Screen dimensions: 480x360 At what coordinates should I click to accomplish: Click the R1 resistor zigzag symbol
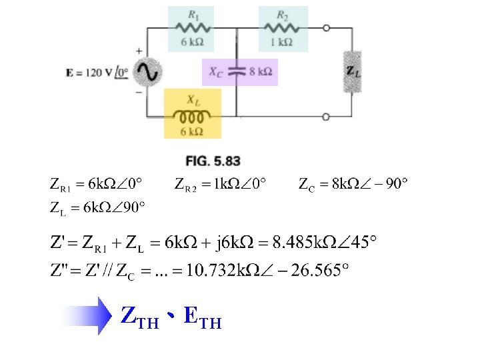coord(193,28)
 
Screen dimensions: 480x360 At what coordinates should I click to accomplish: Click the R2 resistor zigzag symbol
coord(281,28)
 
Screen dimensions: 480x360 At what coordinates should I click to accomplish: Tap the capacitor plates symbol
coord(236,71)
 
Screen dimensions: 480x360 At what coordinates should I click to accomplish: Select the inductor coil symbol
coord(192,116)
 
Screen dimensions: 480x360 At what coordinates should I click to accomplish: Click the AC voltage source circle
coord(147,72)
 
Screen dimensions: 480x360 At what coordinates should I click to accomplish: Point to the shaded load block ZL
coord(353,71)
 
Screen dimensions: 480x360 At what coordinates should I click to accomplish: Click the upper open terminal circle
coord(326,28)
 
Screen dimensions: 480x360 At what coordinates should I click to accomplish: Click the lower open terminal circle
coord(326,117)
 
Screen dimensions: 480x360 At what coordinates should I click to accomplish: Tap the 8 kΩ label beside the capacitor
coord(261,71)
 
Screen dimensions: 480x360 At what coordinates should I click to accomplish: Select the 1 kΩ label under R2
coord(281,42)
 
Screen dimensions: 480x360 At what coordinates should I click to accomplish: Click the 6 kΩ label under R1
coord(192,42)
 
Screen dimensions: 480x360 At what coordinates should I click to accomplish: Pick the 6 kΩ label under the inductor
coord(191,131)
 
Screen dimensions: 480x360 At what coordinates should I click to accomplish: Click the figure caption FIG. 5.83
coord(213,161)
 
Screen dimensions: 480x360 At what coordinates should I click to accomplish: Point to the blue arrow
coord(87,315)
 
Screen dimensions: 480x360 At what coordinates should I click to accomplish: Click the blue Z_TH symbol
coord(140,317)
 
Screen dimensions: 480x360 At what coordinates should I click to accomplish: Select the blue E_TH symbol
coord(203,317)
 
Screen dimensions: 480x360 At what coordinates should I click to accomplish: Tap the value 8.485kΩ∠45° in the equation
coord(324,242)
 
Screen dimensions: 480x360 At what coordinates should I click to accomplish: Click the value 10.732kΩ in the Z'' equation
coord(223,270)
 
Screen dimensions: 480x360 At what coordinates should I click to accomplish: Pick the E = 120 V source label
coord(97,73)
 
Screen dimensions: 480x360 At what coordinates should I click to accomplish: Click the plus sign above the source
coord(139,51)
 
